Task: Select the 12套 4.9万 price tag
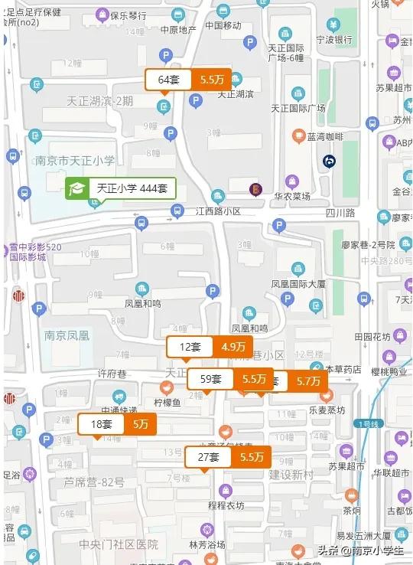pos(210,347)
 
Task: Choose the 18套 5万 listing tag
pos(116,423)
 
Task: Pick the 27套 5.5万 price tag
pos(228,457)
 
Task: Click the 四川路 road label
pos(340,212)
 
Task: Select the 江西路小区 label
pos(218,211)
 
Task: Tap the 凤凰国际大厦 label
pos(299,283)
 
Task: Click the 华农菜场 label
pos(291,197)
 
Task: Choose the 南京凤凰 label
pos(67,335)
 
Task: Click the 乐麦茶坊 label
pos(327,410)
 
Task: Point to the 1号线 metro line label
pos(369,423)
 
